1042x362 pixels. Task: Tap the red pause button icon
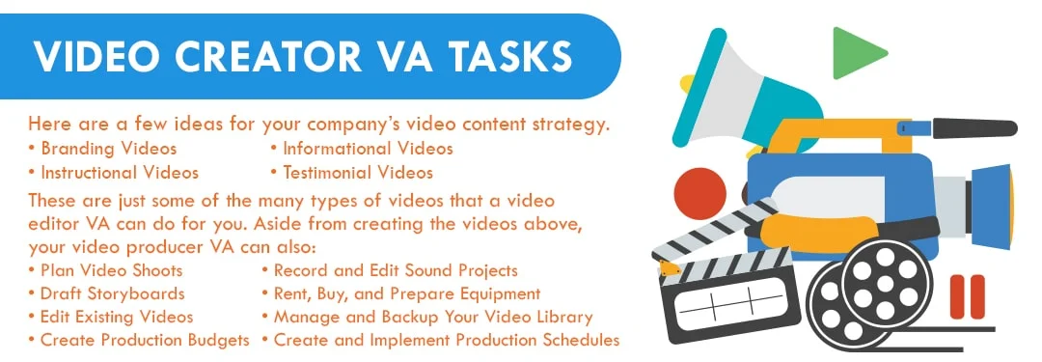pos(966,295)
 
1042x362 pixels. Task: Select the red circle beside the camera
pos(699,193)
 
